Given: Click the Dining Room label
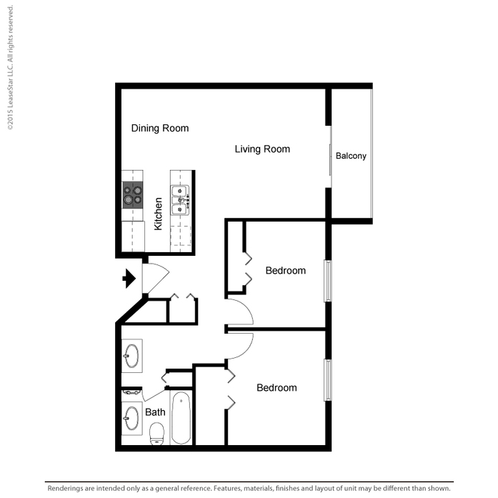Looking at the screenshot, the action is pyautogui.click(x=160, y=128).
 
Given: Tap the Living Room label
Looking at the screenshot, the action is pyautogui.click(x=262, y=149).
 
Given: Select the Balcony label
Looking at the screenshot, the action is pyautogui.click(x=351, y=156).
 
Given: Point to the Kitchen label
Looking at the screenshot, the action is pyautogui.click(x=158, y=214).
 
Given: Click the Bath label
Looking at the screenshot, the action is pyautogui.click(x=155, y=412).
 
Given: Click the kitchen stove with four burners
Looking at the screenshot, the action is pyautogui.click(x=133, y=195).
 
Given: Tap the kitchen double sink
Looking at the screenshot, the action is pyautogui.click(x=180, y=200).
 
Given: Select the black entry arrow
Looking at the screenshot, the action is pyautogui.click(x=129, y=279).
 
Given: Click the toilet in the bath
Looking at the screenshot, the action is pyautogui.click(x=156, y=434).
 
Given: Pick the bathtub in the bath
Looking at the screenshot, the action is pyautogui.click(x=181, y=417).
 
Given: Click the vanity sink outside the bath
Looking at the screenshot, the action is pyautogui.click(x=131, y=356).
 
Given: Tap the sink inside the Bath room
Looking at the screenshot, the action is pyautogui.click(x=131, y=418).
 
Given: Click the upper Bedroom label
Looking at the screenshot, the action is pyautogui.click(x=286, y=271).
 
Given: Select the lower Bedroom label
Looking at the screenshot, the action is pyautogui.click(x=277, y=387).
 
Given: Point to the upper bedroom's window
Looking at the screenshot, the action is pyautogui.click(x=328, y=281).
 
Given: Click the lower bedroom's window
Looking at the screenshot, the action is pyautogui.click(x=328, y=380).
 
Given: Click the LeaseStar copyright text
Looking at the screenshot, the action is pyautogui.click(x=10, y=68).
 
